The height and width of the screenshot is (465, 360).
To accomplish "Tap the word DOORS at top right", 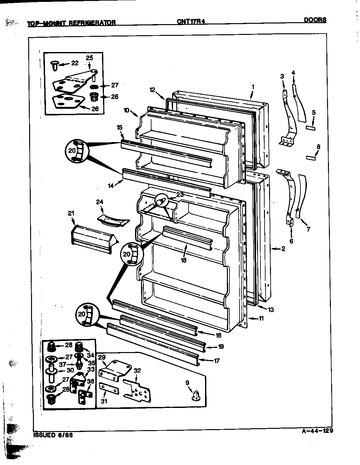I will [x=315, y=20].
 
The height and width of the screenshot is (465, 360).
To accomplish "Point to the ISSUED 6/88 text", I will [x=53, y=436].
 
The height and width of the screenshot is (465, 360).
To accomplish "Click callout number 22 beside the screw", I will [x=74, y=63].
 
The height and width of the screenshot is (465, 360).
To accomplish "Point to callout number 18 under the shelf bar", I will [x=183, y=260].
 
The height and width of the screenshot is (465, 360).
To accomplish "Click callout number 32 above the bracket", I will [x=137, y=370].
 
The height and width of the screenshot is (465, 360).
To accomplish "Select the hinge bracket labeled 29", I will [x=115, y=369].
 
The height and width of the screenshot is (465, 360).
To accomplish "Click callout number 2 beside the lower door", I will [x=283, y=249].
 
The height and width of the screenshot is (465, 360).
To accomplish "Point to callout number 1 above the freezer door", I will [x=253, y=86].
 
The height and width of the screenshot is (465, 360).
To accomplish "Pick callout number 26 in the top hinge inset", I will [x=95, y=109].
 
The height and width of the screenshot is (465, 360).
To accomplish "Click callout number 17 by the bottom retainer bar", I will [x=216, y=361].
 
